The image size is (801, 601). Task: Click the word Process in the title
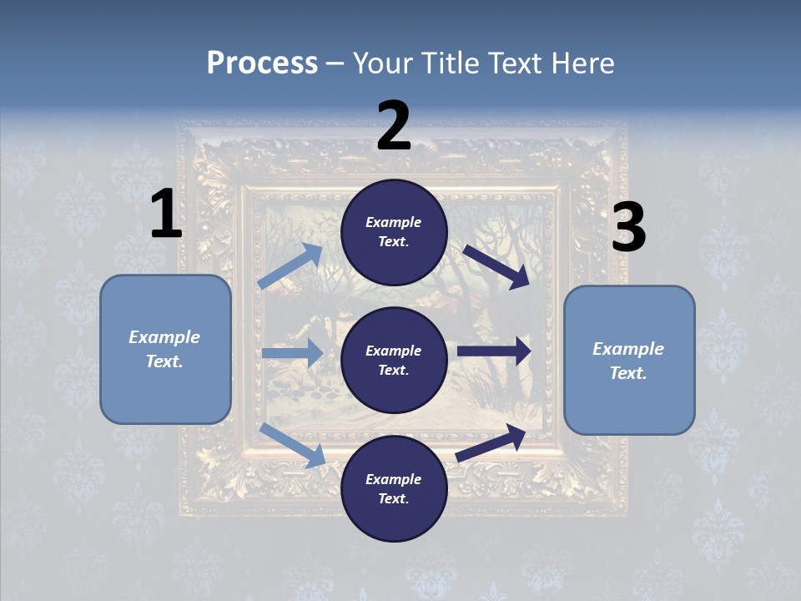click(x=262, y=63)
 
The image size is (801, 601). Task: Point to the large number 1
click(x=166, y=215)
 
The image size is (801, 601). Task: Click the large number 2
click(x=394, y=126)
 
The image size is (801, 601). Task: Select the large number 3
click(x=628, y=228)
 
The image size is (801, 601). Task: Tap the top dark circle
click(x=394, y=232)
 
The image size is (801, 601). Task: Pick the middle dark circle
click(x=394, y=360)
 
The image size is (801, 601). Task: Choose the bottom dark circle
click(x=394, y=488)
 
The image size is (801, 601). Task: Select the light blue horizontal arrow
click(x=292, y=353)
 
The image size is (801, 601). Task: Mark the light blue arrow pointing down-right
click(x=293, y=444)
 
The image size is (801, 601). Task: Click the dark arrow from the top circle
click(x=496, y=266)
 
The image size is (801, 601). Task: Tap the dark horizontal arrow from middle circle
click(x=494, y=351)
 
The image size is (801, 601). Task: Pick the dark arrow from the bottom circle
click(x=491, y=442)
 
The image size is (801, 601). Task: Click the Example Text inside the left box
click(x=164, y=349)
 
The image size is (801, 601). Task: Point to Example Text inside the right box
click(x=628, y=361)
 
